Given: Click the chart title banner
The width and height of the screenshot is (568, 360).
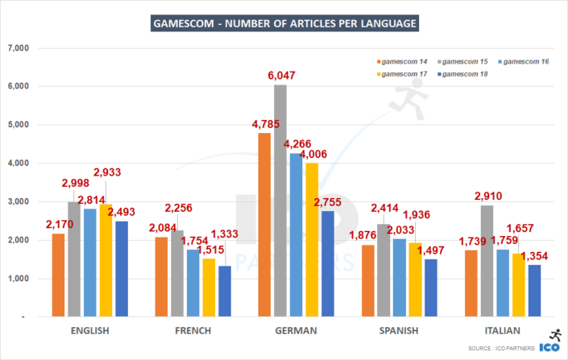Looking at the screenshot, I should [x=284, y=23].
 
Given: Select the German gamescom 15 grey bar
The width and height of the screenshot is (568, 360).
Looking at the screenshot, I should [x=280, y=201].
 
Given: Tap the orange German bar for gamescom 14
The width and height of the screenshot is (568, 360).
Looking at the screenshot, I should [x=264, y=225].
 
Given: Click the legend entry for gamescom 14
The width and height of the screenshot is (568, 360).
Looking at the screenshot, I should [x=404, y=62].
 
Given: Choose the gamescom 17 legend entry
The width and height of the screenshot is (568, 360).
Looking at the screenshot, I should [x=404, y=74].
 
